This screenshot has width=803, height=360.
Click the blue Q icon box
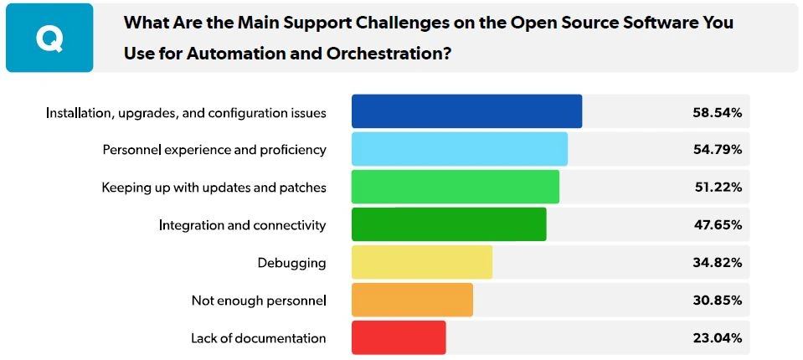pyautogui.click(x=49, y=38)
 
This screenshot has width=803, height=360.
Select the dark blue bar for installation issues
pyautogui.click(x=466, y=111)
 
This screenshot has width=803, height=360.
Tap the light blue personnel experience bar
pyautogui.click(x=459, y=149)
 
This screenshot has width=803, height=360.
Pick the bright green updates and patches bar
pyautogui.click(x=455, y=187)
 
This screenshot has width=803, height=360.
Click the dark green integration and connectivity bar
pyautogui.click(x=449, y=224)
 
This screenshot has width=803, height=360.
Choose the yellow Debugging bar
pyautogui.click(x=421, y=262)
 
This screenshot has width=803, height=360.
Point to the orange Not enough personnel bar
pyautogui.click(x=412, y=300)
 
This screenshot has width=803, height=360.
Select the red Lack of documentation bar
pyautogui.click(x=399, y=337)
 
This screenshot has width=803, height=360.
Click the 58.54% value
pyautogui.click(x=717, y=112)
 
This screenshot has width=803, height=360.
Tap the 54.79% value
pyautogui.click(x=717, y=150)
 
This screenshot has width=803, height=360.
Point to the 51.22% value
pyautogui.click(x=717, y=188)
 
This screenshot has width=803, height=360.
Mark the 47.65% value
pyautogui.click(x=717, y=225)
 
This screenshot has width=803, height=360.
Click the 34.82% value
pyautogui.click(x=717, y=263)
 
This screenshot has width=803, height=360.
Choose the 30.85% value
pyautogui.click(x=717, y=301)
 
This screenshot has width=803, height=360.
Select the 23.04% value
pyautogui.click(x=717, y=338)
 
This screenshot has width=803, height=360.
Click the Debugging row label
pyautogui.click(x=291, y=263)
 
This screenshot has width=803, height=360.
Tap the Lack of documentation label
pyautogui.click(x=258, y=338)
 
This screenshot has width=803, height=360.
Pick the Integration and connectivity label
pyautogui.click(x=242, y=225)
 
